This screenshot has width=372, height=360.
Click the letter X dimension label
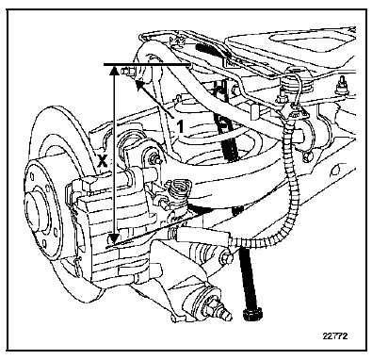103,161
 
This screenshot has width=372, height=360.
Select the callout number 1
179,127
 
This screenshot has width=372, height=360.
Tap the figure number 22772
335,335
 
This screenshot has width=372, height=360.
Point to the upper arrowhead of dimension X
114,71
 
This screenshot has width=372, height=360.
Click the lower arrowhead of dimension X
114,237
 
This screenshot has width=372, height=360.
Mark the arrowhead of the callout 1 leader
138,83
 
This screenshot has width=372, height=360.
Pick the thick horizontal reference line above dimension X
147,65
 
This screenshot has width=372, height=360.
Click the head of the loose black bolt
253,314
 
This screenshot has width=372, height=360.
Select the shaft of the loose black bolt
248,277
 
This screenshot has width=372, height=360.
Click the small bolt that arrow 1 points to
129,72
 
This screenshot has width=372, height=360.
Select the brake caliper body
113,220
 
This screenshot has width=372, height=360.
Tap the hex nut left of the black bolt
226,258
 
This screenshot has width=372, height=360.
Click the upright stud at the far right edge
342,87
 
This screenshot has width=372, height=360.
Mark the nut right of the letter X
155,157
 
